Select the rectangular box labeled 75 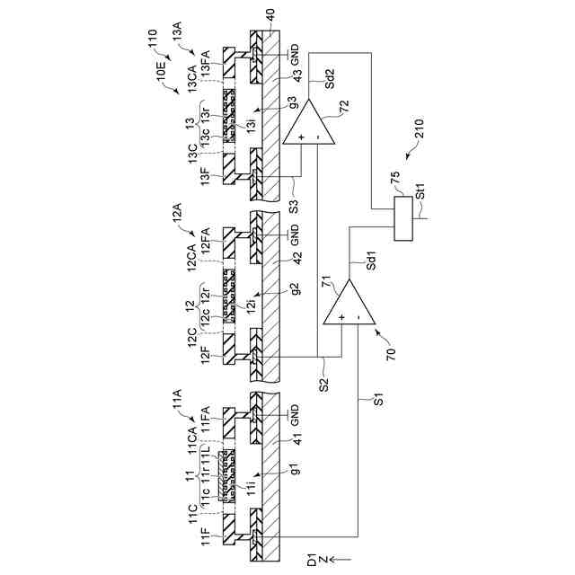click(403, 217)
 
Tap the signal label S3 click(293, 205)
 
